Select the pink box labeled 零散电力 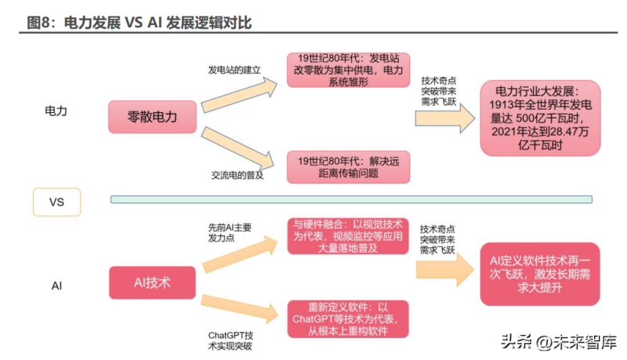click(153, 117)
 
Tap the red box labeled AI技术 click(153, 282)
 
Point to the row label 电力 click(56, 111)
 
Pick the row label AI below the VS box click(56, 286)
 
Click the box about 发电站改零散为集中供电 click(346, 70)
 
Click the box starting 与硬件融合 click(346, 235)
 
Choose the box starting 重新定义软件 click(346, 318)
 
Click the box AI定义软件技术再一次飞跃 click(540, 274)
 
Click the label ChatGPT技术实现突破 click(230, 340)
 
